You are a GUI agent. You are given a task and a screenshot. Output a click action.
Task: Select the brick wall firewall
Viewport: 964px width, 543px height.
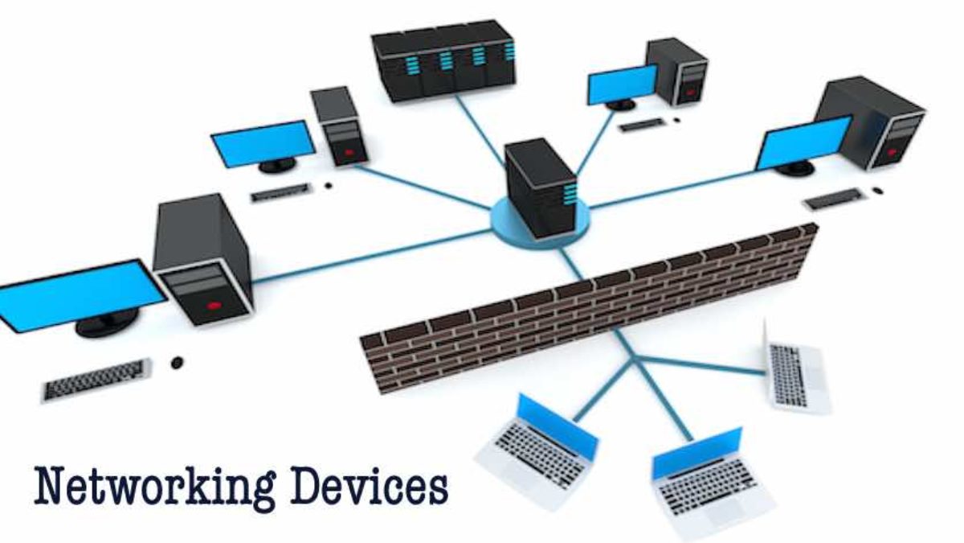pos(586,310)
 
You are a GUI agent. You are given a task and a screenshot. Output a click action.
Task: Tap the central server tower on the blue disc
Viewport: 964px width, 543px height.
pos(539,187)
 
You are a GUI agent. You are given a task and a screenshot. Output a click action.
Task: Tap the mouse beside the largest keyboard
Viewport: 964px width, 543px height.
pos(177,364)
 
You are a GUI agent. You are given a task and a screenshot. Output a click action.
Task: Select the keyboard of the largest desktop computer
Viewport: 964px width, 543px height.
pos(96,380)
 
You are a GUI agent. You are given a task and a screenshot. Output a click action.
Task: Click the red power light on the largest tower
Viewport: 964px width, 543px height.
pos(213,305)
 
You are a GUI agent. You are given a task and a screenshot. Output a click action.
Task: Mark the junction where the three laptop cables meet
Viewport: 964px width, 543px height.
pos(635,359)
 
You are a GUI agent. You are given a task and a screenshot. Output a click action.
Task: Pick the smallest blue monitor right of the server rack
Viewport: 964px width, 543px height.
pos(621,84)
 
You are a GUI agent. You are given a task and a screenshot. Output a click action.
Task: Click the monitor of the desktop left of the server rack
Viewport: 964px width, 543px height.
pos(263,144)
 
